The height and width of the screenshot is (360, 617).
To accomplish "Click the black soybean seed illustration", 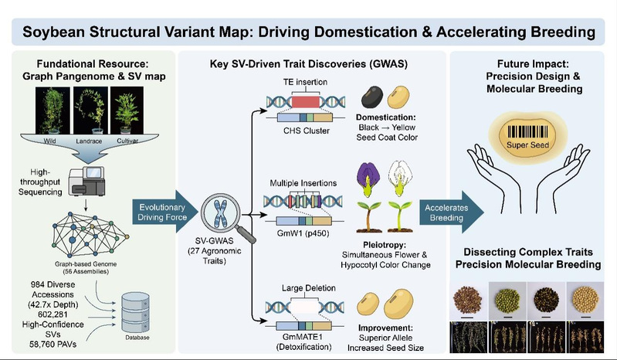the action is pyautogui.click(x=372, y=97).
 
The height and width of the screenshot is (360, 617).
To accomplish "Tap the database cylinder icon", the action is pyautogui.click(x=135, y=313).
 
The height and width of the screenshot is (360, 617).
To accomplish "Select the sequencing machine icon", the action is pyautogui.click(x=86, y=182).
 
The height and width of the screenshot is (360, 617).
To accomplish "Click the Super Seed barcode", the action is pyautogui.click(x=527, y=132).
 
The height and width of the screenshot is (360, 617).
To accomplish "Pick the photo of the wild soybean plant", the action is pyautogui.click(x=53, y=110).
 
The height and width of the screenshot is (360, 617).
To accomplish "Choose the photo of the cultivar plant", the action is pyautogui.click(x=127, y=110).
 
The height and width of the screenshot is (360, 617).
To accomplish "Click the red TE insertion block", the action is pyautogui.click(x=306, y=101).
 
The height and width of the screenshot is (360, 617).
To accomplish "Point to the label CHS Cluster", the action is pyautogui.click(x=306, y=131).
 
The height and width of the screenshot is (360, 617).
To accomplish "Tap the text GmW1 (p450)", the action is pyautogui.click(x=303, y=233).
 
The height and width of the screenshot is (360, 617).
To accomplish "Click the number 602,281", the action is pyautogui.click(x=53, y=314).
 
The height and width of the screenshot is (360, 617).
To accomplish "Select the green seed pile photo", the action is pyautogui.click(x=507, y=301).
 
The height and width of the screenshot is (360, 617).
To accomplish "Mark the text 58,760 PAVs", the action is pyautogui.click(x=53, y=345).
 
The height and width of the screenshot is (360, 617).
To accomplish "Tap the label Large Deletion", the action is pyautogui.click(x=309, y=288).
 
